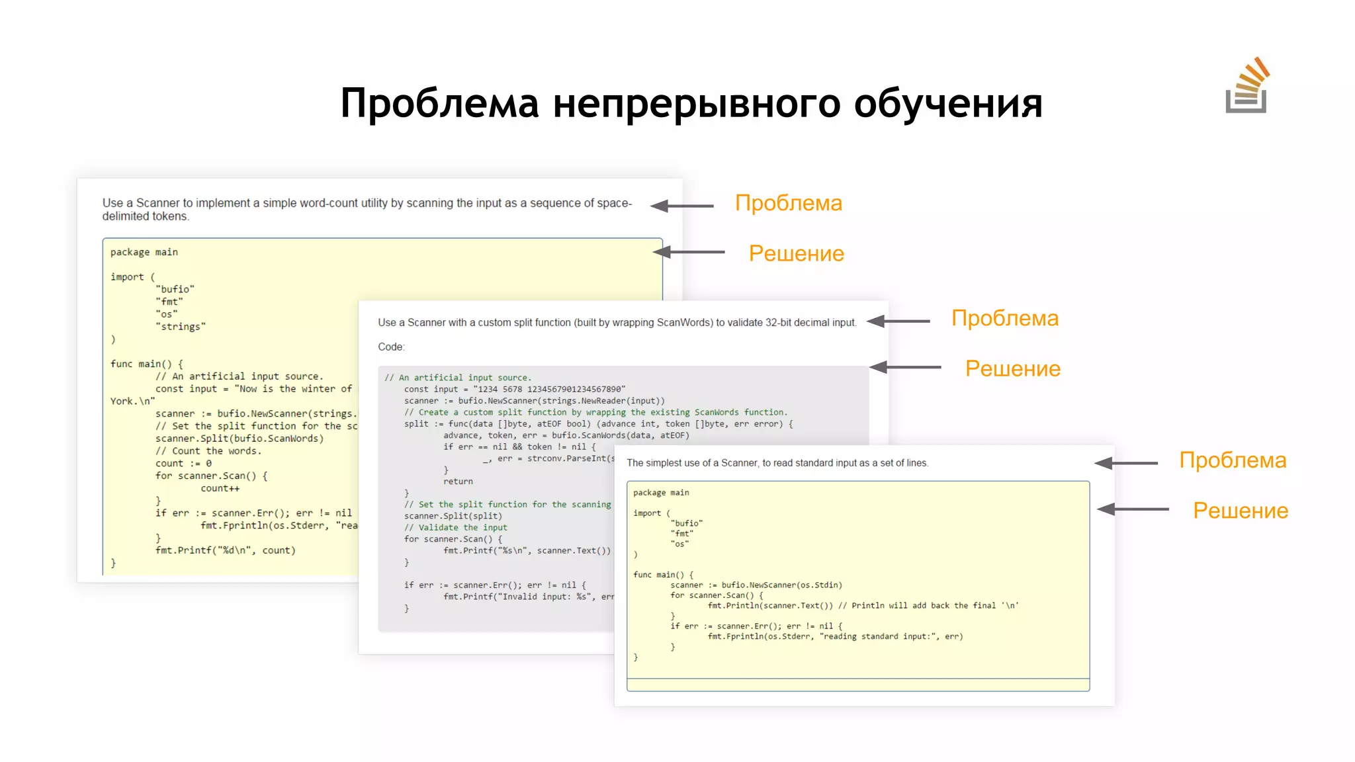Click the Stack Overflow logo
(1246, 87)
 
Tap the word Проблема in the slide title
(439, 104)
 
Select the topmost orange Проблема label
(788, 203)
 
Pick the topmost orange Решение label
(796, 253)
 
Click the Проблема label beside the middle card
(1004, 318)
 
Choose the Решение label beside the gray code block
(1012, 368)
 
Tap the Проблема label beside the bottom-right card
(1232, 460)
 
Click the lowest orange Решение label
(1240, 511)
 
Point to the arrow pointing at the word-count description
(681, 206)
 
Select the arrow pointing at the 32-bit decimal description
(898, 321)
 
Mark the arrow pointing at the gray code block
(904, 367)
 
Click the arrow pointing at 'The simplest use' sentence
(1125, 463)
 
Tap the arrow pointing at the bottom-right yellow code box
(1132, 509)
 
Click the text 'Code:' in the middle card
(391, 347)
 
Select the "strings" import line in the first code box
(181, 327)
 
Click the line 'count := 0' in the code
(183, 464)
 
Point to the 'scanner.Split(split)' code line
(453, 516)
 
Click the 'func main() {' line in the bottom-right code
(663, 575)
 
